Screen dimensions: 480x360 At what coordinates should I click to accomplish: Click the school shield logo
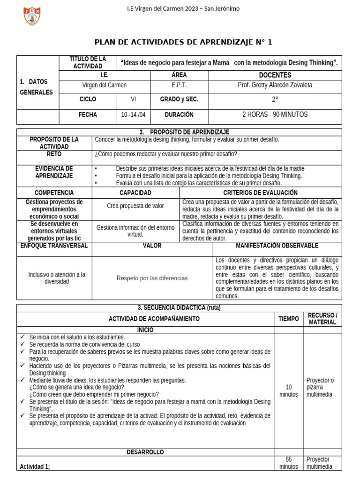pyautogui.click(x=32, y=15)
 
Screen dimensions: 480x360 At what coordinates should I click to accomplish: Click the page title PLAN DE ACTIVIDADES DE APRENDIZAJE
pyautogui.click(x=183, y=42)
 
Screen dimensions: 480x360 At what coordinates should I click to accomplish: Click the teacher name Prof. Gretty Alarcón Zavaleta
pyautogui.click(x=275, y=85)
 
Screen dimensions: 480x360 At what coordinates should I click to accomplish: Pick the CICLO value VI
pyautogui.click(x=134, y=99)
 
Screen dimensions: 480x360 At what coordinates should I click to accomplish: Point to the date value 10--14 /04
pyautogui.click(x=134, y=115)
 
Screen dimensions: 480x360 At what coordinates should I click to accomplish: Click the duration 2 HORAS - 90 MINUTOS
pyautogui.click(x=275, y=115)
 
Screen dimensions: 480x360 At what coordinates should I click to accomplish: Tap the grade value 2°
pyautogui.click(x=275, y=99)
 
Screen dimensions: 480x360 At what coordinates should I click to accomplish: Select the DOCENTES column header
pyautogui.click(x=275, y=75)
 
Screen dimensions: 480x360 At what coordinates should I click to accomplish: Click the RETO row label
pyautogui.click(x=54, y=154)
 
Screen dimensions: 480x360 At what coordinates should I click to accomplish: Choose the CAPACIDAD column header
pyautogui.click(x=135, y=193)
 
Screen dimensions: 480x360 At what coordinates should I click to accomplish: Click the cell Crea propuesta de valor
pyautogui.click(x=135, y=206)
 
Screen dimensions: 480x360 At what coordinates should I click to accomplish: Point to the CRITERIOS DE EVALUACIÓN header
pyautogui.click(x=260, y=193)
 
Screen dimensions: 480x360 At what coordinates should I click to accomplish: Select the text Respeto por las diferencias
pyautogui.click(x=152, y=278)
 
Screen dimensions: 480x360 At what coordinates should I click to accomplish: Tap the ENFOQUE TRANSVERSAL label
pyautogui.click(x=54, y=246)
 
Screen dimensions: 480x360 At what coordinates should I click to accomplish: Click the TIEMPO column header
pyautogui.click(x=288, y=319)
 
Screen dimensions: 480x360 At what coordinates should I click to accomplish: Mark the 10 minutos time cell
pyautogui.click(x=288, y=390)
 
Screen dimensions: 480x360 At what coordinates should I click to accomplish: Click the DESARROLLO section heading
pyautogui.click(x=145, y=452)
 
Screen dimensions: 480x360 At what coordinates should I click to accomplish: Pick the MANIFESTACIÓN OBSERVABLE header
pyautogui.click(x=277, y=246)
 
